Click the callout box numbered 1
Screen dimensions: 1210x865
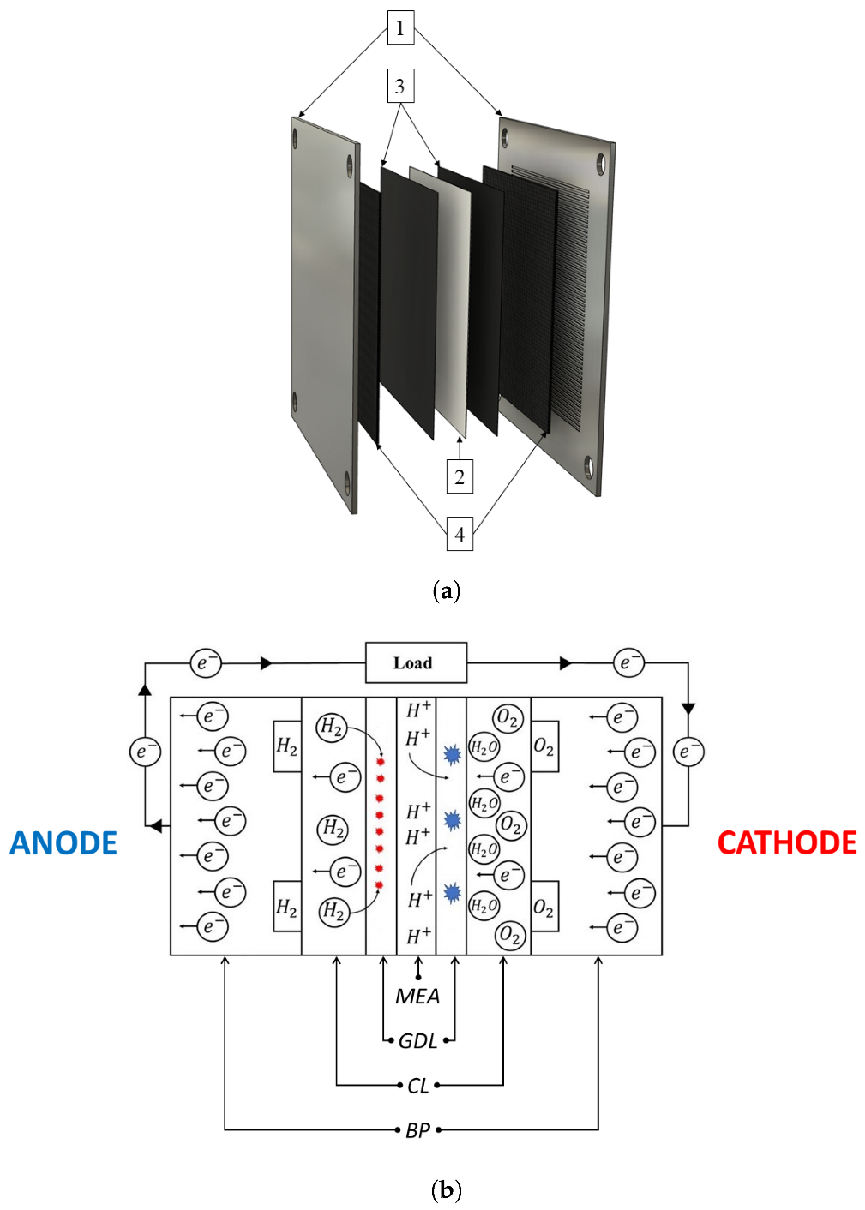(399, 28)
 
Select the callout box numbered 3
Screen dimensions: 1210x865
(399, 87)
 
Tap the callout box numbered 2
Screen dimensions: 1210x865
(460, 476)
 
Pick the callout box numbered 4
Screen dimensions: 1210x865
(460, 535)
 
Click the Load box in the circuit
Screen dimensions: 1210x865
(416, 662)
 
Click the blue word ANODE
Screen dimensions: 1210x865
(63, 843)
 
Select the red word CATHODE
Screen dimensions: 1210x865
(786, 843)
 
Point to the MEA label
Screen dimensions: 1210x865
(417, 997)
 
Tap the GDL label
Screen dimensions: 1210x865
(418, 1041)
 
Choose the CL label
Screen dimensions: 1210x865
(417, 1086)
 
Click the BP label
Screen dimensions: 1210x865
(417, 1130)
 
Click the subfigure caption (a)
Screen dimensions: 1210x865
(447, 590)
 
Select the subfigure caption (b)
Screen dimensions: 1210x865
(447, 1189)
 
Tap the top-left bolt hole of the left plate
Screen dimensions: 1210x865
(297, 137)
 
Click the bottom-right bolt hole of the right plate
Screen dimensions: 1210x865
(588, 469)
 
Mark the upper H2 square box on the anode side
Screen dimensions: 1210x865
(287, 746)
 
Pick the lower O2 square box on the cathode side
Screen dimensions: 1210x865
(544, 907)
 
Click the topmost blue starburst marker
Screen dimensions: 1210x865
(452, 754)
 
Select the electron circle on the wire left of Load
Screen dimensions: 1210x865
(205, 662)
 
